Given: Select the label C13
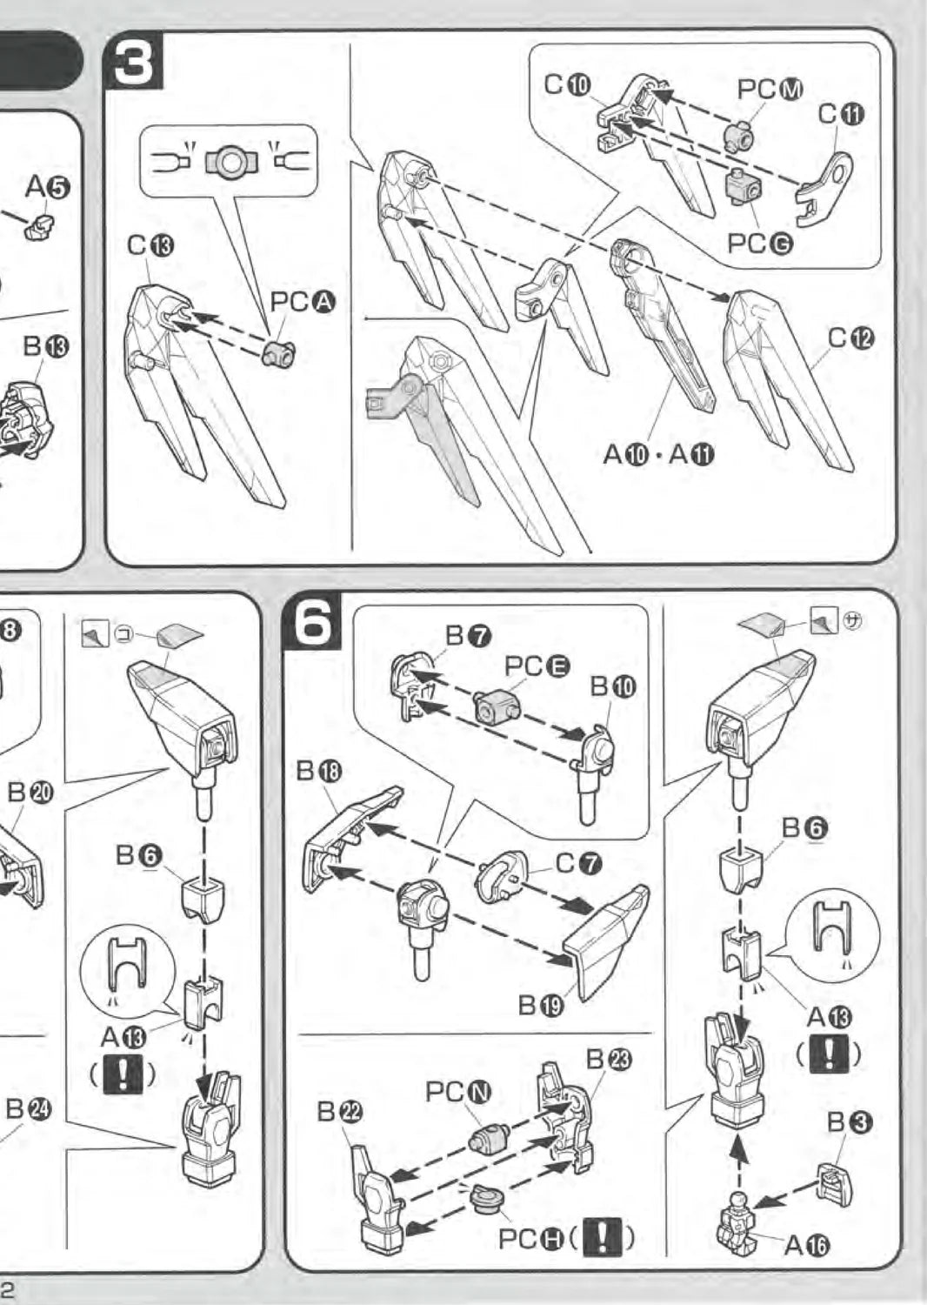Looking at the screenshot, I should pyautogui.click(x=150, y=246).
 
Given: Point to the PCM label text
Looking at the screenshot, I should pyautogui.click(x=770, y=89).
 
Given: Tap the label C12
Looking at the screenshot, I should pyautogui.click(x=850, y=338).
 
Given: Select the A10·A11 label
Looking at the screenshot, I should pyautogui.click(x=658, y=454).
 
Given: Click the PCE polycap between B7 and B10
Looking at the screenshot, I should pyautogui.click(x=497, y=705).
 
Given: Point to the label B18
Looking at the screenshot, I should pyautogui.click(x=319, y=771).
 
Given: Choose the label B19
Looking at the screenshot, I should pyautogui.click(x=541, y=1006).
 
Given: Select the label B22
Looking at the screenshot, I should pyautogui.click(x=339, y=1111).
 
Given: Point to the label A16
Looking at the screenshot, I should pyautogui.click(x=806, y=1246).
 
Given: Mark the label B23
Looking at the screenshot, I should pyautogui.click(x=609, y=1059).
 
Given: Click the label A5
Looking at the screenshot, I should pyautogui.click(x=48, y=186).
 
